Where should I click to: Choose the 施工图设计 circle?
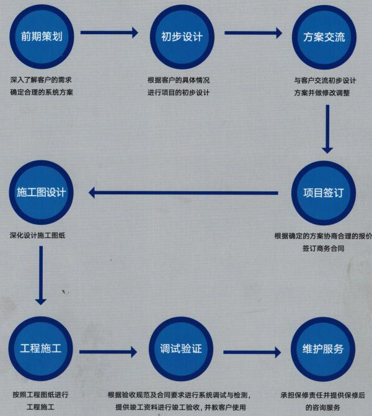[41, 192]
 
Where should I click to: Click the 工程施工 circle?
[41, 348]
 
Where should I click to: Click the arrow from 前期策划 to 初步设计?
[109, 33]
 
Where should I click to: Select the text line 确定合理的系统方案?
[42, 93]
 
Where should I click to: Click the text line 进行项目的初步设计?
[178, 93]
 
